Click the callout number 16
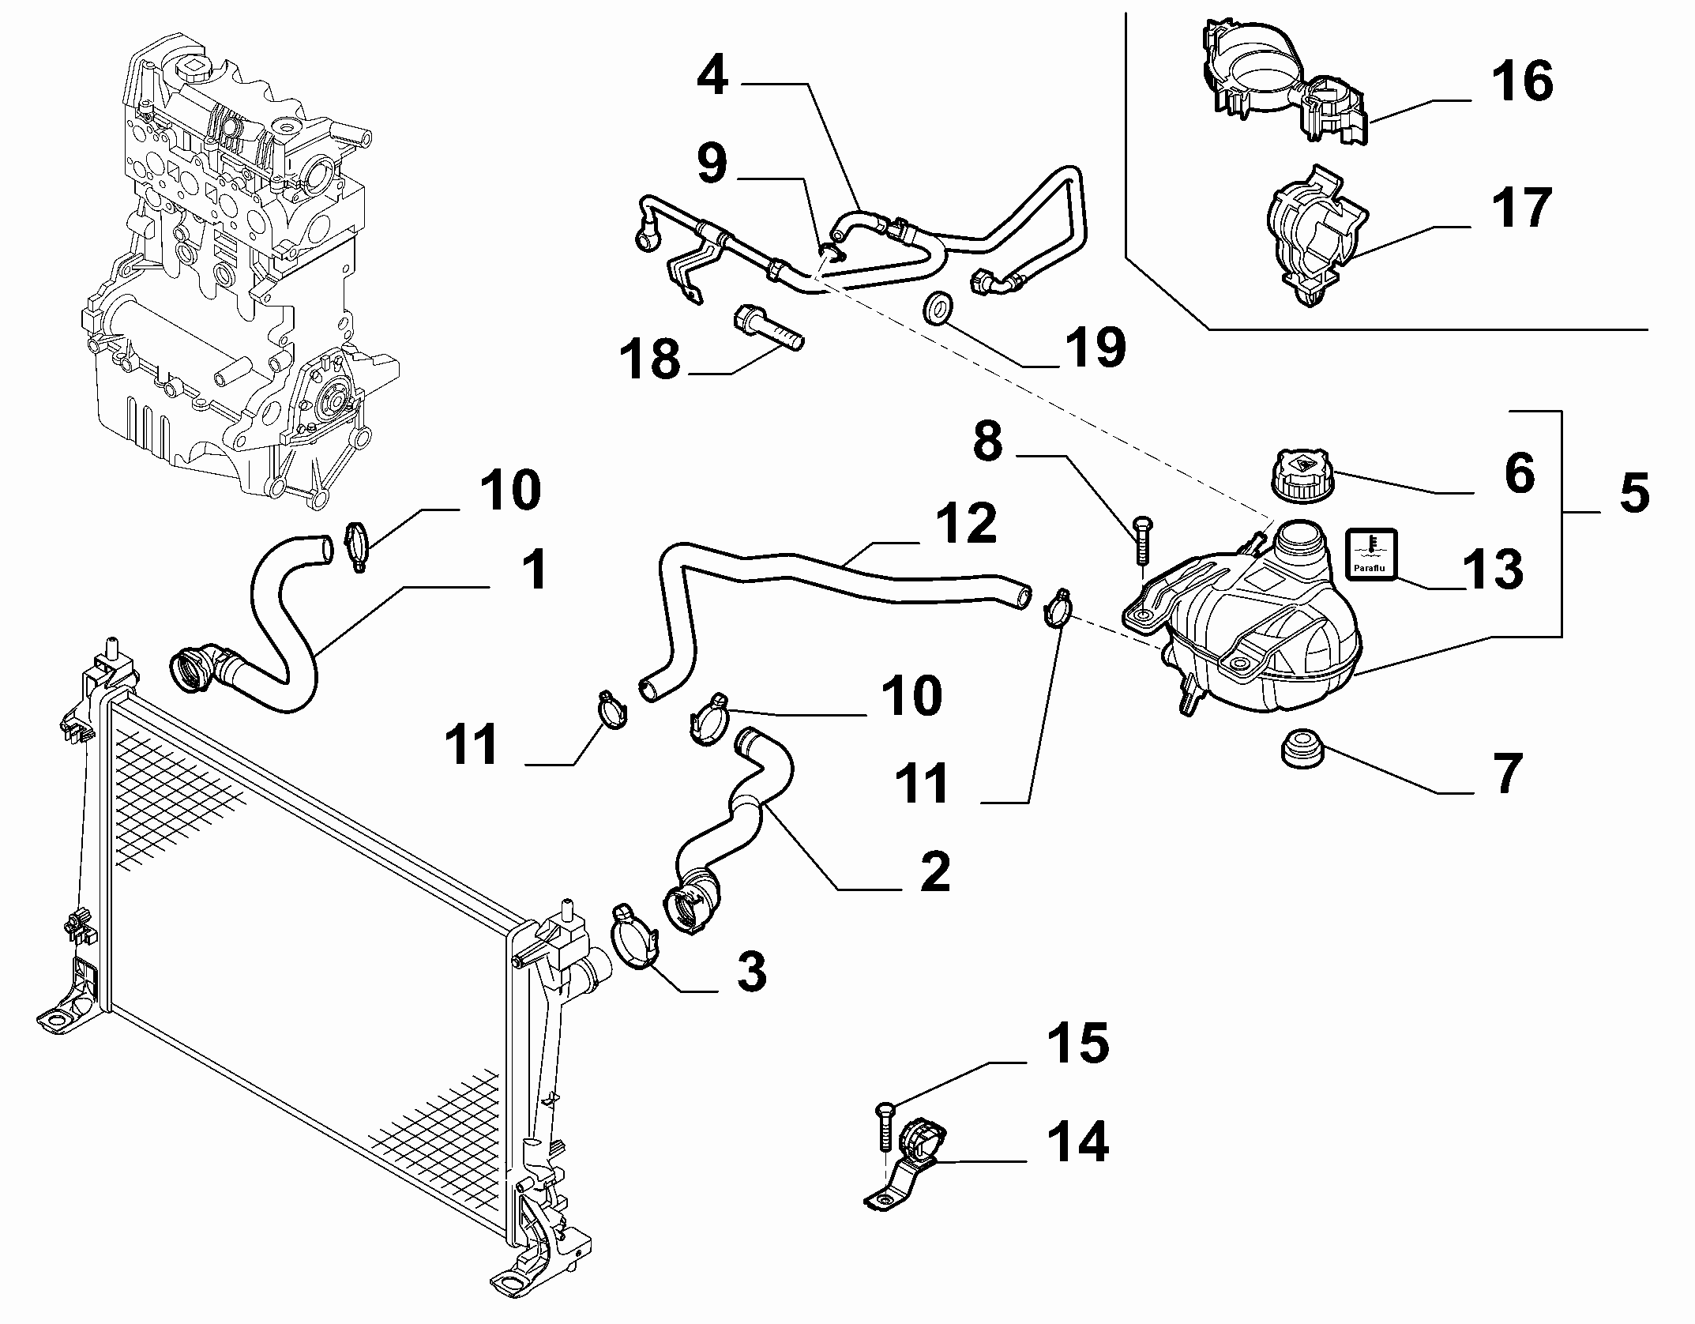pyautogui.click(x=1522, y=83)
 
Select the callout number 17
pyautogui.click(x=1522, y=208)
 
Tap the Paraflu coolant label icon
pyautogui.click(x=1370, y=553)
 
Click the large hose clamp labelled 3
pyautogui.click(x=634, y=937)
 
